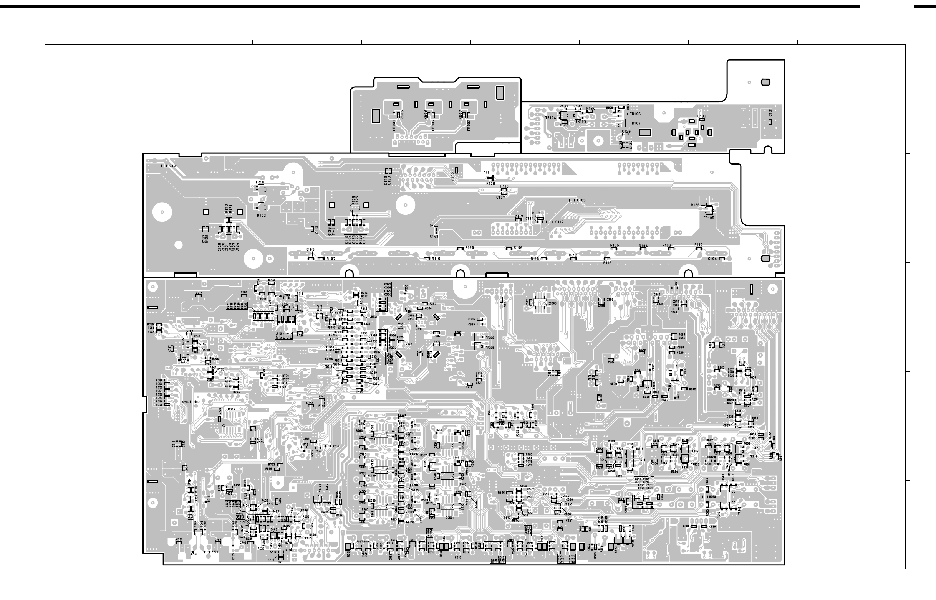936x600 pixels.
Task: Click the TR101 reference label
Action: (x=260, y=182)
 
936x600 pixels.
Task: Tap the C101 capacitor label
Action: (x=174, y=166)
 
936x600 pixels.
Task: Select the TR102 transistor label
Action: (x=260, y=216)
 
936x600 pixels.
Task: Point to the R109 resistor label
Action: (x=310, y=249)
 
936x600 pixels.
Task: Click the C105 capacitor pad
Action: (x=572, y=200)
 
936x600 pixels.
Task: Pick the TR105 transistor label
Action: (x=709, y=218)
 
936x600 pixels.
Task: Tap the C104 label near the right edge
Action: (x=712, y=259)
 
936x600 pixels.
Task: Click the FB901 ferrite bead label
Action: (x=394, y=125)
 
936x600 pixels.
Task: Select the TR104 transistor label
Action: (x=551, y=118)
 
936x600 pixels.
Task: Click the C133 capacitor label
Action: (x=702, y=117)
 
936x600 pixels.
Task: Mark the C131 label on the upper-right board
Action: (x=770, y=113)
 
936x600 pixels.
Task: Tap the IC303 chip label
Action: (x=552, y=303)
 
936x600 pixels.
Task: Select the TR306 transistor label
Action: (x=490, y=338)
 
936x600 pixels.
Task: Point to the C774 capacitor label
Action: (x=199, y=293)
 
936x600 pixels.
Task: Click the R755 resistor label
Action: (x=151, y=325)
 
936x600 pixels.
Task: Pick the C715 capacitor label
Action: (x=185, y=402)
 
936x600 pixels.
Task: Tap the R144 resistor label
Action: (x=434, y=226)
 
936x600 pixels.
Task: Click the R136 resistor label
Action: (x=695, y=205)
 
